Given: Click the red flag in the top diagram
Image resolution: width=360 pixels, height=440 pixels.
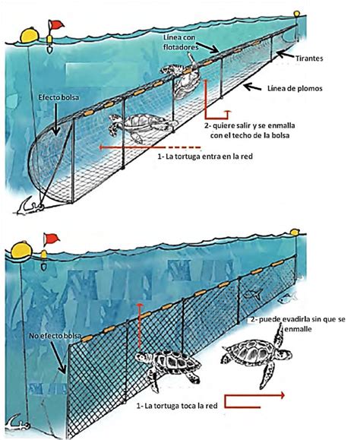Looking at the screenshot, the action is (57, 24).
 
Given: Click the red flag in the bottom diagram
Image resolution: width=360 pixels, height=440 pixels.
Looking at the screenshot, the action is (52, 239).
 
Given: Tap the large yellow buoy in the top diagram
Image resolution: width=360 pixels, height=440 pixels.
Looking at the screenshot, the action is (29, 35).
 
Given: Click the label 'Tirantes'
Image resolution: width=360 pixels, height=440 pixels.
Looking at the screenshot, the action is (309, 59).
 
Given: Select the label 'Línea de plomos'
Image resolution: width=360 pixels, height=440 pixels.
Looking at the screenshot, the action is (295, 88).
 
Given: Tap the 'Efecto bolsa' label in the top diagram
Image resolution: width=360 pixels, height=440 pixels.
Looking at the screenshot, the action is (58, 97).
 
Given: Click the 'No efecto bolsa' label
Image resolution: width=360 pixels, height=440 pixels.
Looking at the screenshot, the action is (55, 336).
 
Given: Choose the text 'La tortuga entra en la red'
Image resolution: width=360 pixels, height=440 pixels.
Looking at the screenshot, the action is (209, 157).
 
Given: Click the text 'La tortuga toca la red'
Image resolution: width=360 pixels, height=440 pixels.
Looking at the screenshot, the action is (181, 406).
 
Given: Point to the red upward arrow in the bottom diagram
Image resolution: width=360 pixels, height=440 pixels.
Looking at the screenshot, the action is (139, 326).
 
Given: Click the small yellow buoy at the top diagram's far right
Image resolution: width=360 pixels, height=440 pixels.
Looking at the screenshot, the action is (296, 14).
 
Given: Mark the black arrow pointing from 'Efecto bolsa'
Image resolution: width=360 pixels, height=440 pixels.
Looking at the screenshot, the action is (56, 119).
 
